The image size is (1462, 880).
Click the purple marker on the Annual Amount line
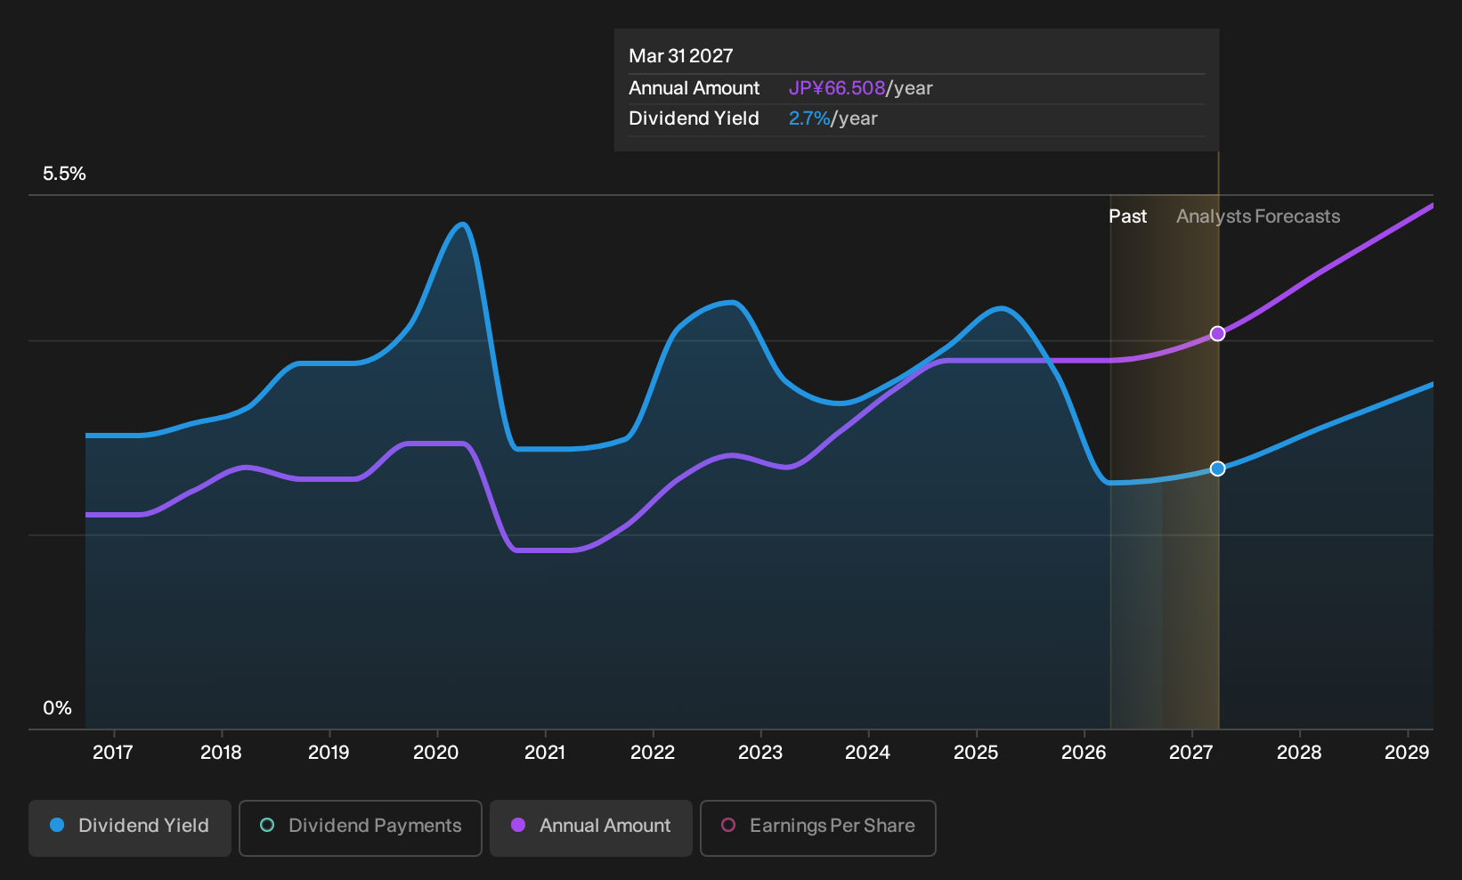pos(1217,334)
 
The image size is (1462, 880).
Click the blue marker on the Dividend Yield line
pos(1217,469)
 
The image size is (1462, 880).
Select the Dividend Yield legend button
pos(130,827)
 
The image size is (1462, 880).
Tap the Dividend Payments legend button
pos(361,827)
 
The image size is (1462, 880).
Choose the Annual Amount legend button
pos(590,827)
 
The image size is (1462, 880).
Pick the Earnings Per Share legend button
pos(817,827)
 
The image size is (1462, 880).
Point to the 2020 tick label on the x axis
pos(436,753)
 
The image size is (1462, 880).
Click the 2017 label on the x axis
pos(112,753)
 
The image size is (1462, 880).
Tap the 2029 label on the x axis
pos(1407,753)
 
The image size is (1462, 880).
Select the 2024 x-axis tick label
pos(867,753)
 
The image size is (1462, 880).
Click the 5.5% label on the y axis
pos(64,174)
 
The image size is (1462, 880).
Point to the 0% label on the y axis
pos(58,708)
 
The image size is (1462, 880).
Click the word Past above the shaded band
pos(1128,216)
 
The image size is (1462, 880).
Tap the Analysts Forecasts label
pos(1258,216)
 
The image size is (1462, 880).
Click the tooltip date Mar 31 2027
pos(681,56)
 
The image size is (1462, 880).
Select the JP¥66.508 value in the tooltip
pos(837,88)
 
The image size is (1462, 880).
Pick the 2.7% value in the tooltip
pos(809,118)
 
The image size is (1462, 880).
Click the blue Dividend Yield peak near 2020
pos(462,224)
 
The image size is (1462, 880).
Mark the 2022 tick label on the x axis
pos(652,753)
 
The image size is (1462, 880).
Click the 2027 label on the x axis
pos(1191,753)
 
